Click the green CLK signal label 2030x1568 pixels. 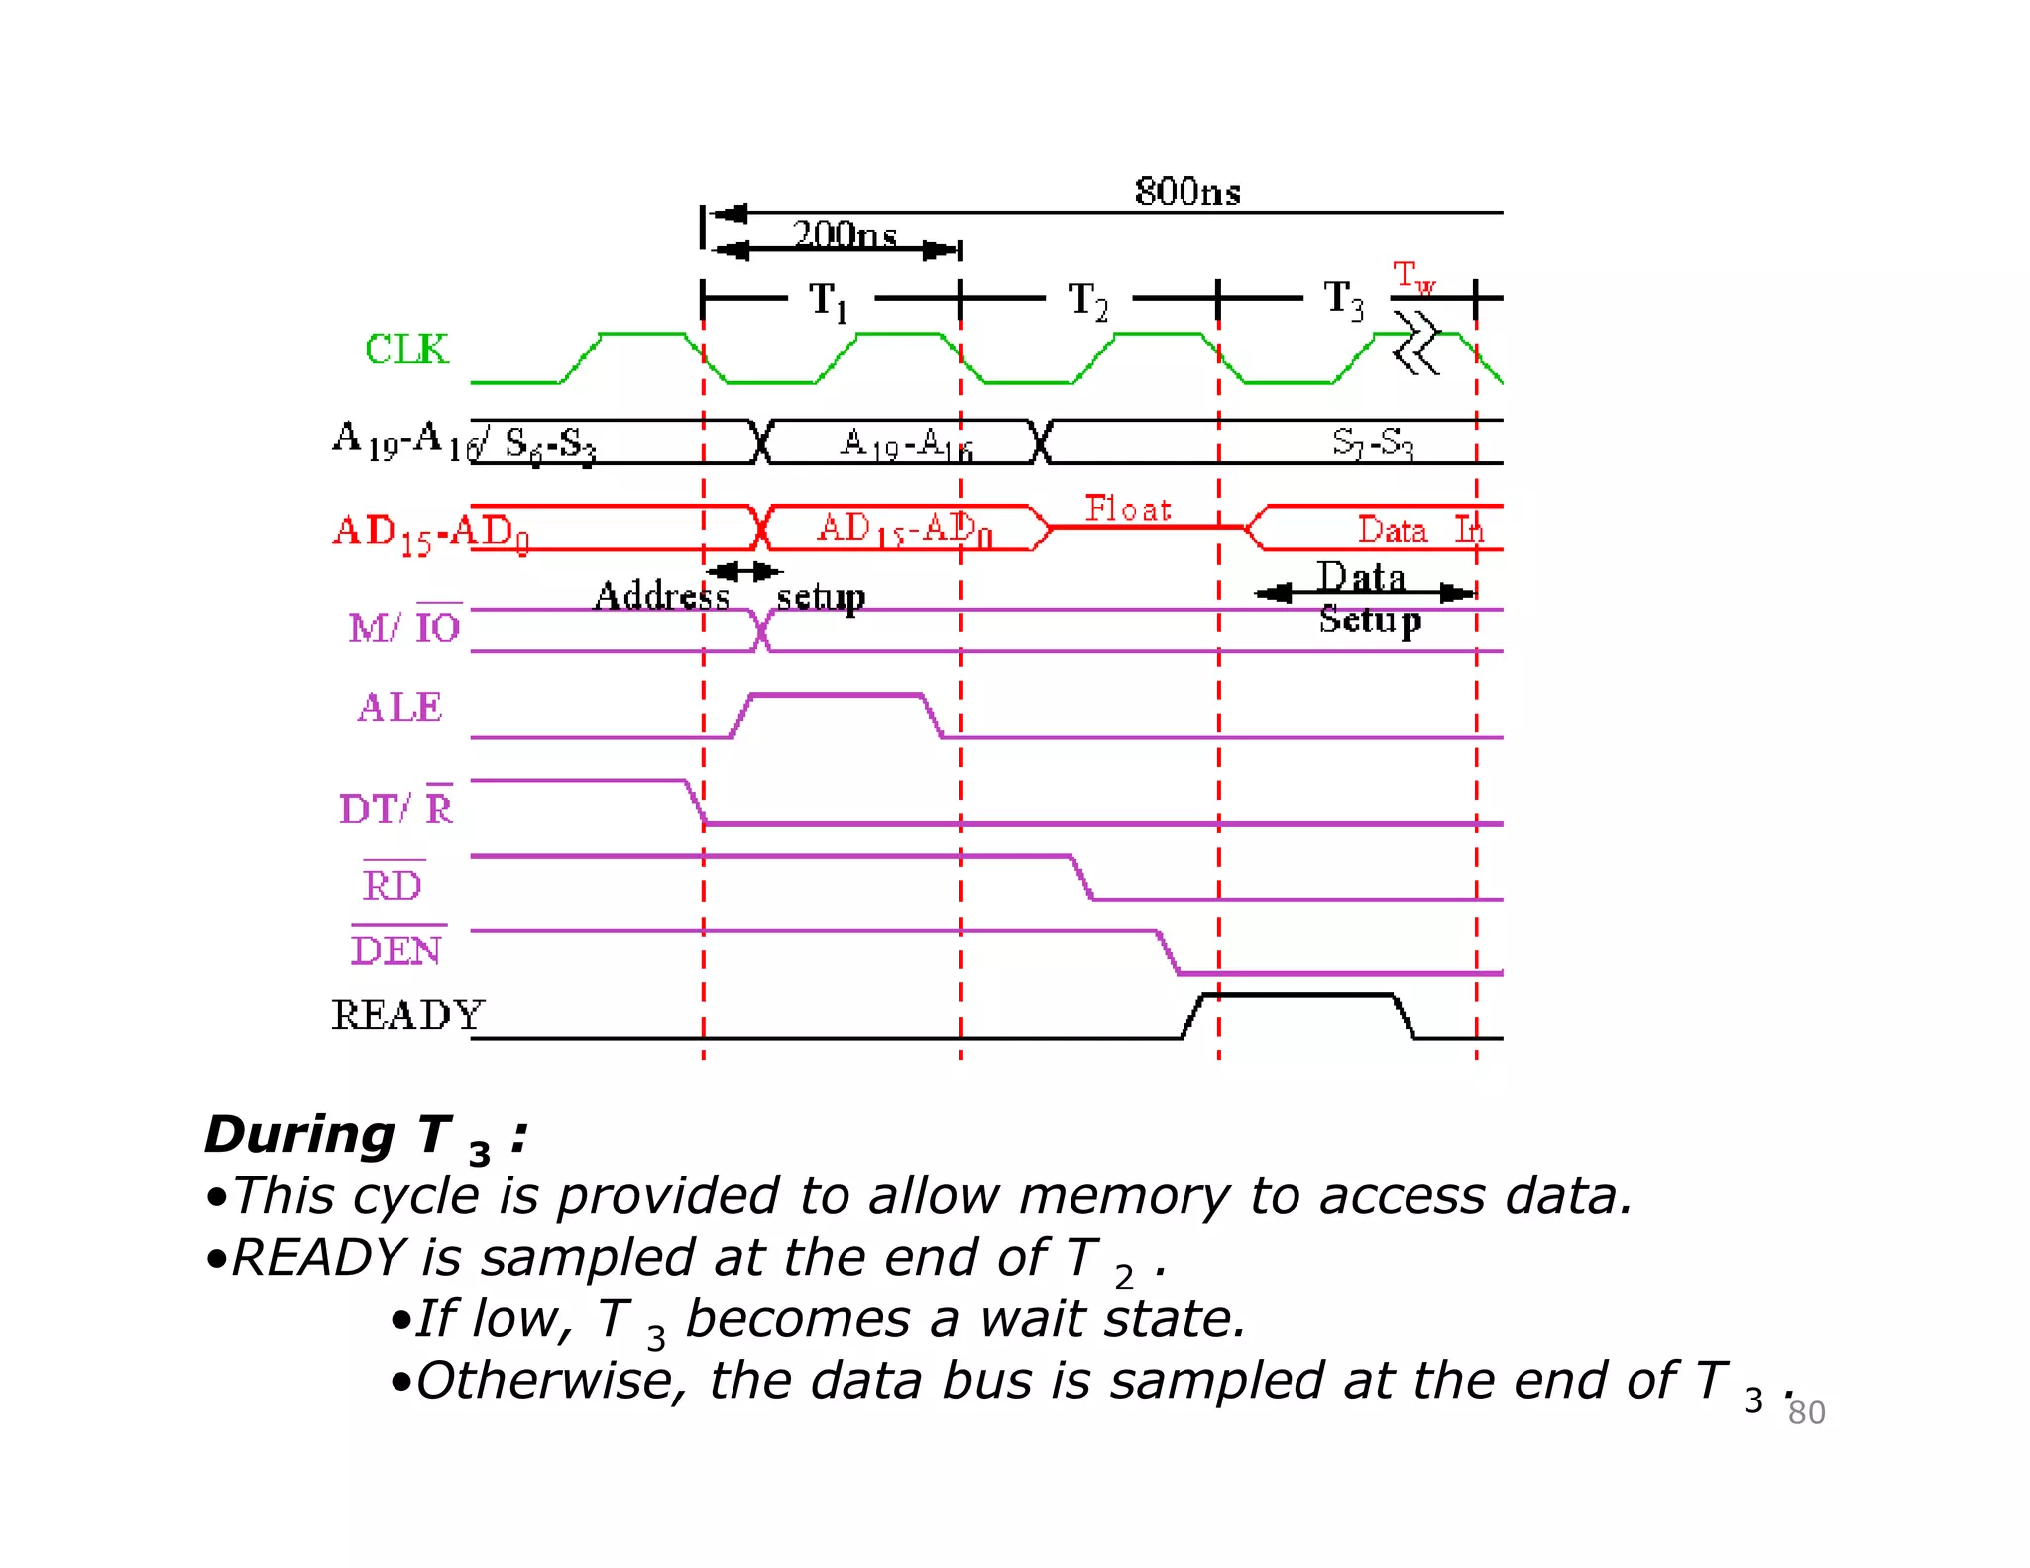click(406, 349)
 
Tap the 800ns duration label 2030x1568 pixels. click(1186, 191)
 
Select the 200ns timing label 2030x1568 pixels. click(845, 234)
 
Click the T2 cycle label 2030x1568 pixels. click(1087, 300)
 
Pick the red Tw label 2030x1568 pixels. click(1412, 277)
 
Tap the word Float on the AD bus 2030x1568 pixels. click(1127, 508)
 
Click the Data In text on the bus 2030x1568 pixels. click(1418, 530)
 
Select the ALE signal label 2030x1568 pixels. click(399, 707)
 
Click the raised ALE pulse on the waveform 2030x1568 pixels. click(837, 696)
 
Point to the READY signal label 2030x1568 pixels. click(406, 1014)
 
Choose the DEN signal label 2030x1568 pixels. click(396, 950)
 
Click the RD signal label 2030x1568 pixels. click(393, 884)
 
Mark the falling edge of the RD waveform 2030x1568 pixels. click(1081, 878)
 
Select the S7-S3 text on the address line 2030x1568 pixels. click(1372, 442)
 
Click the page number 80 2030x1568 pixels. click(1806, 1412)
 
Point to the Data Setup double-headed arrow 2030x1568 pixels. click(1365, 594)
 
